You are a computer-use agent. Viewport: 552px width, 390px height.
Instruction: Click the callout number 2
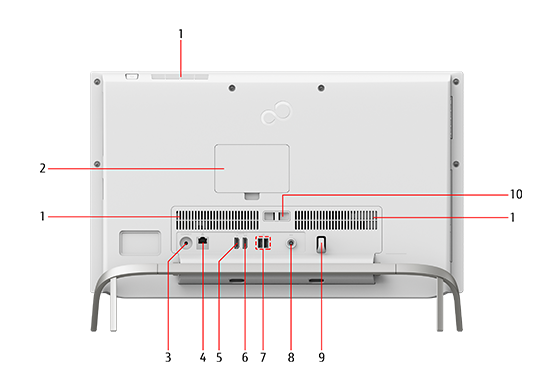coord(43,169)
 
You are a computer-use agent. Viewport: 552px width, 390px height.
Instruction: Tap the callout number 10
coord(516,194)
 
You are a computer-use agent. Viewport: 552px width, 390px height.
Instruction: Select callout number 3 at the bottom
coord(168,357)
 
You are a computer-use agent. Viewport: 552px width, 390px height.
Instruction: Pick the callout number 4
coord(203,357)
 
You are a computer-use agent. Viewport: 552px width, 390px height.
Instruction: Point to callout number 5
coord(219,357)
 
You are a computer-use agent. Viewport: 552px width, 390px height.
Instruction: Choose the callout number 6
coord(245,357)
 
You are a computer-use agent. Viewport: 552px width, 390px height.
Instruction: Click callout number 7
coord(263,357)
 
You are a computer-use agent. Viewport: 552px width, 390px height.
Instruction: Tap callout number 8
coord(291,357)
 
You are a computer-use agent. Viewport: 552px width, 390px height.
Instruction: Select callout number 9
coord(321,357)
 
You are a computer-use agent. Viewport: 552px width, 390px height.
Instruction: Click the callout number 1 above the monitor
coord(181,34)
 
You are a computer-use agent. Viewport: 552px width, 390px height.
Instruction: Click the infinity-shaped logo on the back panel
coord(276,113)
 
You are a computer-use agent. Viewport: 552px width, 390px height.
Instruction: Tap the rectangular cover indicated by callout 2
coord(252,168)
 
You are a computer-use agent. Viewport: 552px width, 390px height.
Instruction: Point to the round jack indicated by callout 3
coord(186,243)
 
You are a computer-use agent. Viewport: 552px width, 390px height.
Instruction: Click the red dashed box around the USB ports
coord(263,243)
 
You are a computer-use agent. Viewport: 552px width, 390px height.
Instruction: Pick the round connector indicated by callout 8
coord(291,243)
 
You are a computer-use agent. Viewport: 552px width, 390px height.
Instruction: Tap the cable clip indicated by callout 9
coord(321,244)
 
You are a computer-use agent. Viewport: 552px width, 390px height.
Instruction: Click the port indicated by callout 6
coord(245,243)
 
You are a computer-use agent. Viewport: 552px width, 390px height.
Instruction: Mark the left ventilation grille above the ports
coord(218,220)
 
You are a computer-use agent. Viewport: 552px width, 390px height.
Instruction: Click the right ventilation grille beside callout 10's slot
coord(335,220)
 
